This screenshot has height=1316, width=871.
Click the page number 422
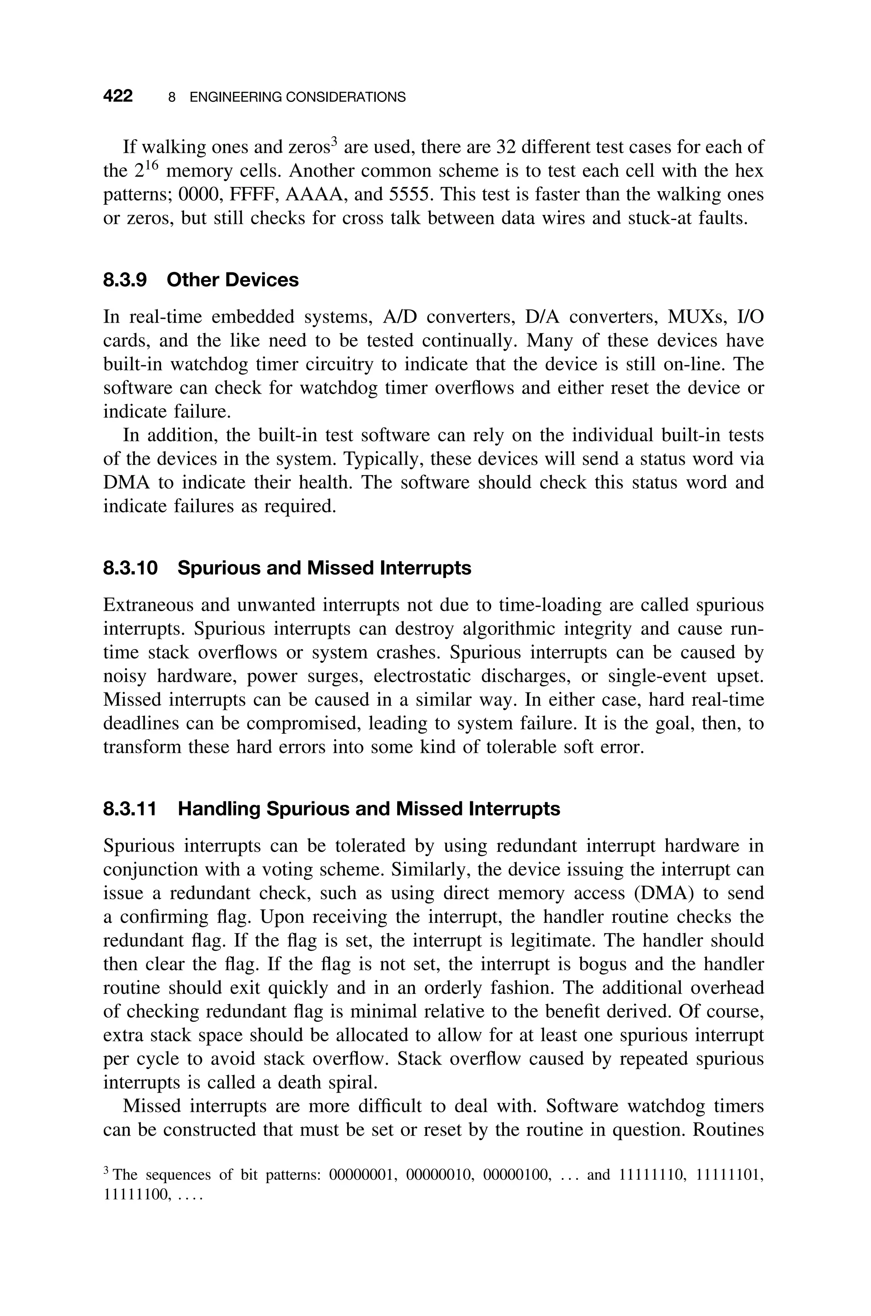click(x=118, y=96)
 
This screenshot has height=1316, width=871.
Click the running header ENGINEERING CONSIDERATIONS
click(x=297, y=97)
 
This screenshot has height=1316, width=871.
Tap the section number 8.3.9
click(x=125, y=280)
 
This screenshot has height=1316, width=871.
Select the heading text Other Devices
click(x=232, y=280)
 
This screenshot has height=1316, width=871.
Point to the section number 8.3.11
click(x=131, y=809)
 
